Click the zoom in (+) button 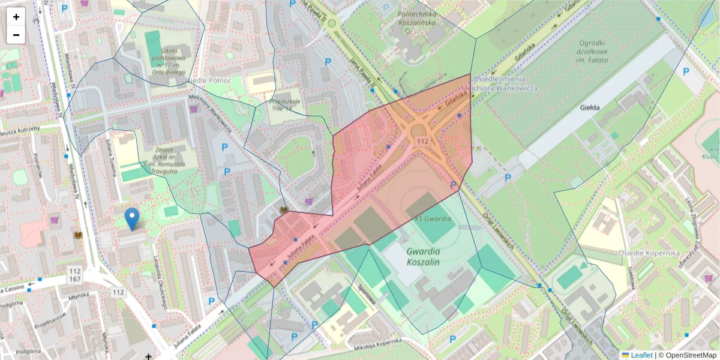16,17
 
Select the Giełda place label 591,109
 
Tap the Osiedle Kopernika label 649,253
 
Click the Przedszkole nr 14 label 281,106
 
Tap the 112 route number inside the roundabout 422,141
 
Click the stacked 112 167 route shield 75,275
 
